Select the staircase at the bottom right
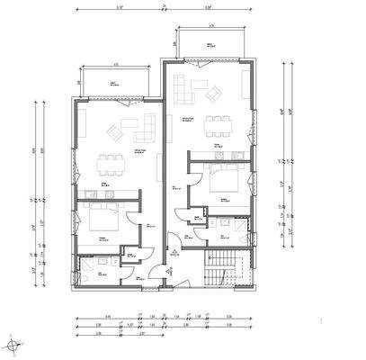pyautogui.click(x=219, y=267)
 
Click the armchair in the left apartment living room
pyautogui.click(x=113, y=134)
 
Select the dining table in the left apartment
pyautogui.click(x=111, y=164)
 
